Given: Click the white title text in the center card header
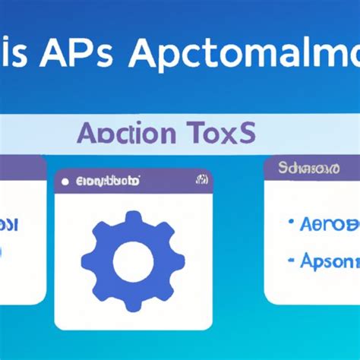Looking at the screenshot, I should [105, 182].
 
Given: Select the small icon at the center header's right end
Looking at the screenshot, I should [202, 181].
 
